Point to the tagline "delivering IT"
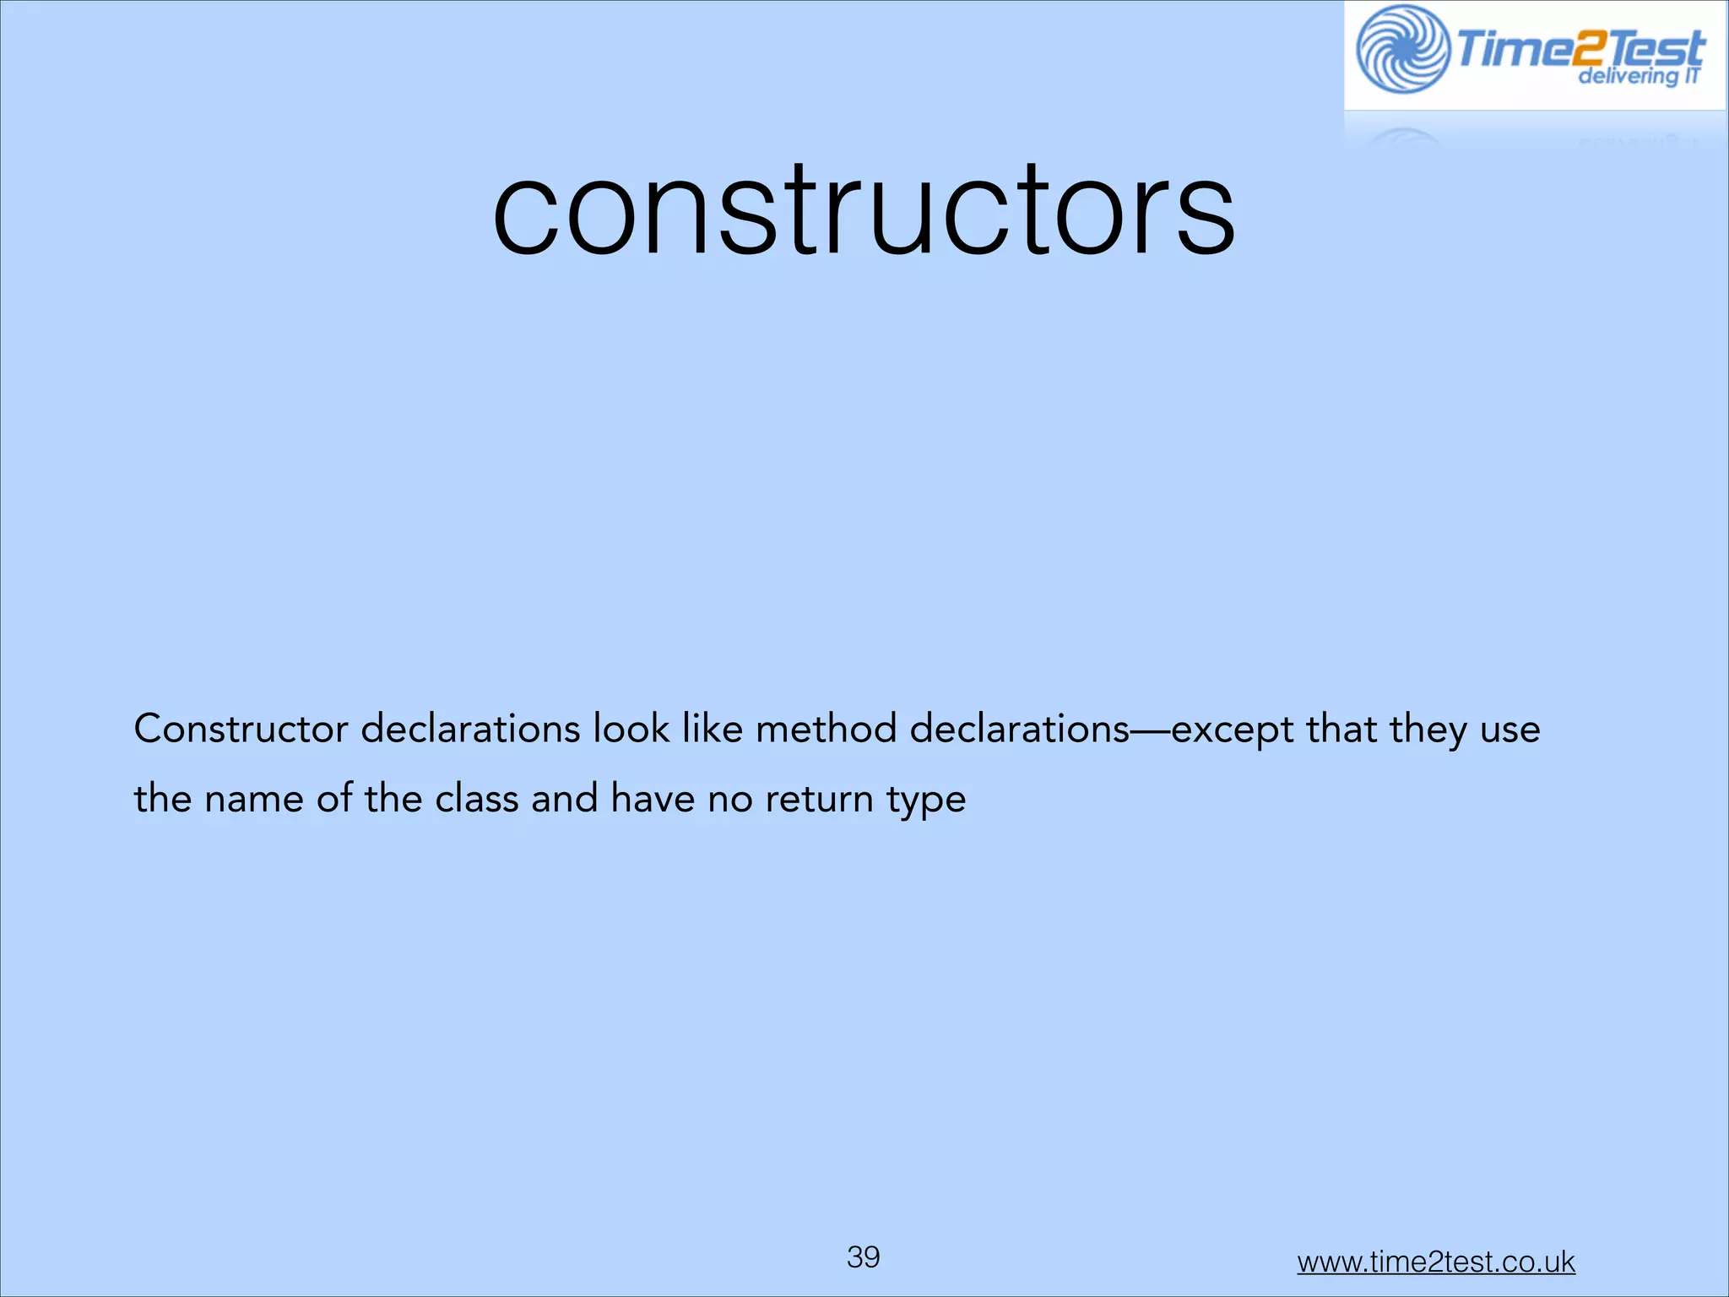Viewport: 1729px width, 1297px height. pos(1638,77)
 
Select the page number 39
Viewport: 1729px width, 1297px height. pos(864,1257)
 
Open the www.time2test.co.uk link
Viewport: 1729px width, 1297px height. pos(1436,1262)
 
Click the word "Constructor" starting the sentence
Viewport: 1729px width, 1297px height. pos(241,729)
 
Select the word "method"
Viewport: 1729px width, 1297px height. pos(826,729)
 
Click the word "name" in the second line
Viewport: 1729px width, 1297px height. pos(253,800)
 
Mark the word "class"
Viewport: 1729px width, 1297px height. pos(476,799)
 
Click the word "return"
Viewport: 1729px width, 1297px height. pos(819,800)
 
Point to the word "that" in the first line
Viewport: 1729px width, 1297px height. pos(1341,729)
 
